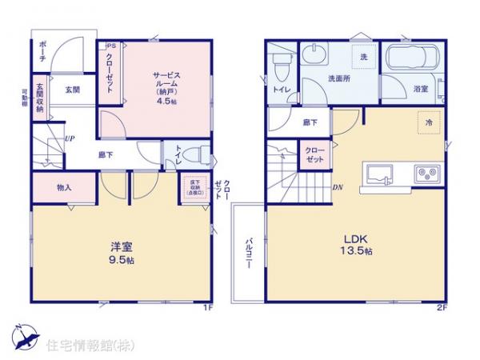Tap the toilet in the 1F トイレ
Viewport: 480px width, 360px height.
pos(198,153)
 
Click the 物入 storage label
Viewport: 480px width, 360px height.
pos(65,188)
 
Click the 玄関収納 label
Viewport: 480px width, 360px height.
pos(39,105)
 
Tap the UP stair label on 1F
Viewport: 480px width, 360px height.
pos(70,138)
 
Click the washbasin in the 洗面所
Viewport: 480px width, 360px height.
pos(314,56)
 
